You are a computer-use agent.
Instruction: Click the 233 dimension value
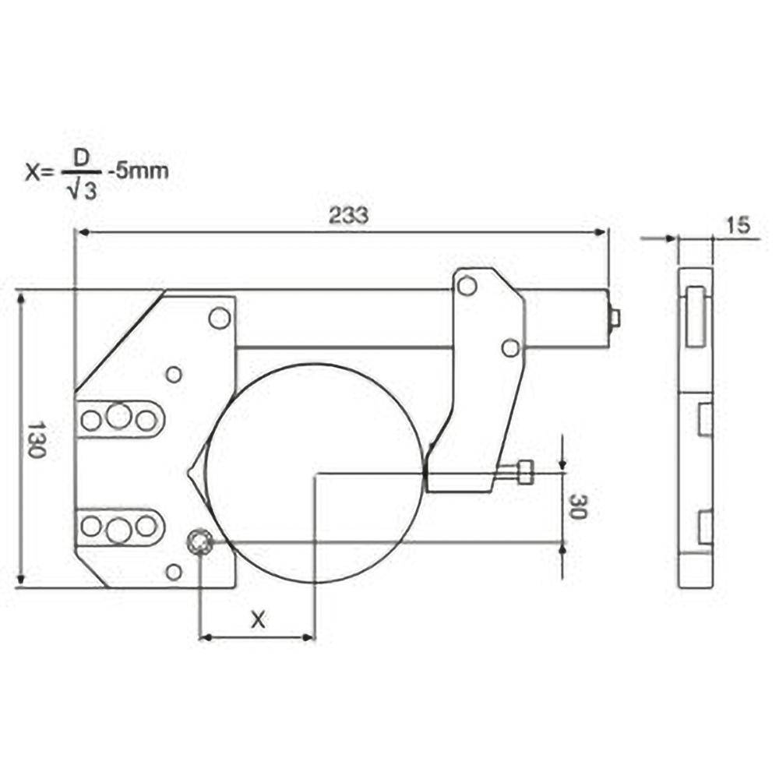(347, 217)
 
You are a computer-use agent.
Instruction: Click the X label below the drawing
(258, 619)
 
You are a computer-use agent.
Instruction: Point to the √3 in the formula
(83, 189)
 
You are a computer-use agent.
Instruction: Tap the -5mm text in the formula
(137, 171)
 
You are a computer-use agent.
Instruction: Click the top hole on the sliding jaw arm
(467, 286)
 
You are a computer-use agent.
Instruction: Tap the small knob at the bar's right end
(614, 318)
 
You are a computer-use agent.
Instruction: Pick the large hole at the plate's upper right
(220, 318)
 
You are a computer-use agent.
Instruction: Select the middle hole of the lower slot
(118, 530)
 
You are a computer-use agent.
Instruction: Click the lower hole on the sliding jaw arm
(510, 348)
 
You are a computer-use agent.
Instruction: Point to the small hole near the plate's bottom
(174, 573)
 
